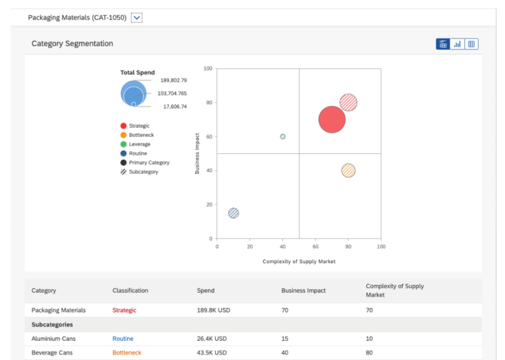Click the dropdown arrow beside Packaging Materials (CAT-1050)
137,18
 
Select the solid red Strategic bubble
332,120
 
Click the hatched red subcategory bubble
349,103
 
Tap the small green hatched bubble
283,137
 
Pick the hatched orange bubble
349,170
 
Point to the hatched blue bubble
233,213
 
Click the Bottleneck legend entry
141,135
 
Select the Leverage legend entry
139,144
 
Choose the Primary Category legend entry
149,163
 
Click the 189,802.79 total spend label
174,80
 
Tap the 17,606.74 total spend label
175,107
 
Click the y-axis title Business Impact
197,153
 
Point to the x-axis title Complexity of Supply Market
299,261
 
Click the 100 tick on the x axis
381,247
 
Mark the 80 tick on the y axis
208,103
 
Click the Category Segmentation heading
72,43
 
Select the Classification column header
130,290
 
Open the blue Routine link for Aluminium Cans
123,339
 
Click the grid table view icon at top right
471,44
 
